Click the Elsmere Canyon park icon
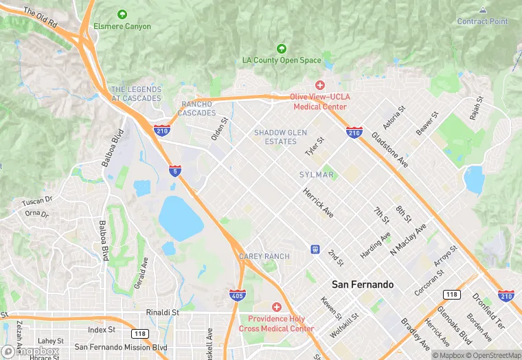(x=122, y=14)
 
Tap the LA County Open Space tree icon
(x=281, y=49)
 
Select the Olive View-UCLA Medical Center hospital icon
(x=320, y=85)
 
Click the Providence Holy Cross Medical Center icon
(x=277, y=307)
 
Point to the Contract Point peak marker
(x=482, y=10)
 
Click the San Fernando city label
(x=363, y=284)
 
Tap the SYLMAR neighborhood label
(x=316, y=175)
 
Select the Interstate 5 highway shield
(x=176, y=170)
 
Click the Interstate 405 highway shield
(x=236, y=295)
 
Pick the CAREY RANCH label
(x=264, y=256)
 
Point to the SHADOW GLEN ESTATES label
(x=280, y=137)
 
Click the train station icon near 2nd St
(x=315, y=249)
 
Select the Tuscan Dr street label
(x=37, y=201)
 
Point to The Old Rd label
(x=40, y=18)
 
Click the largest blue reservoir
(x=181, y=218)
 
